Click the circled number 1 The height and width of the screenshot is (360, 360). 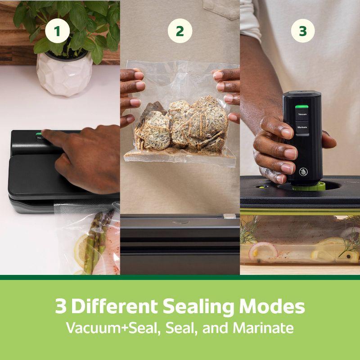coord(57,31)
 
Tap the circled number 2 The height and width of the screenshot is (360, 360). coord(180,31)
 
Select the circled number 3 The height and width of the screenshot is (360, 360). coord(302,31)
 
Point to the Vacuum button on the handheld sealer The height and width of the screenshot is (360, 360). coord(302,115)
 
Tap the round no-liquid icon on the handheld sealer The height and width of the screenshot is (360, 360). coord(303,171)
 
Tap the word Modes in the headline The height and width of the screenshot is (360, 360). coord(277,306)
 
